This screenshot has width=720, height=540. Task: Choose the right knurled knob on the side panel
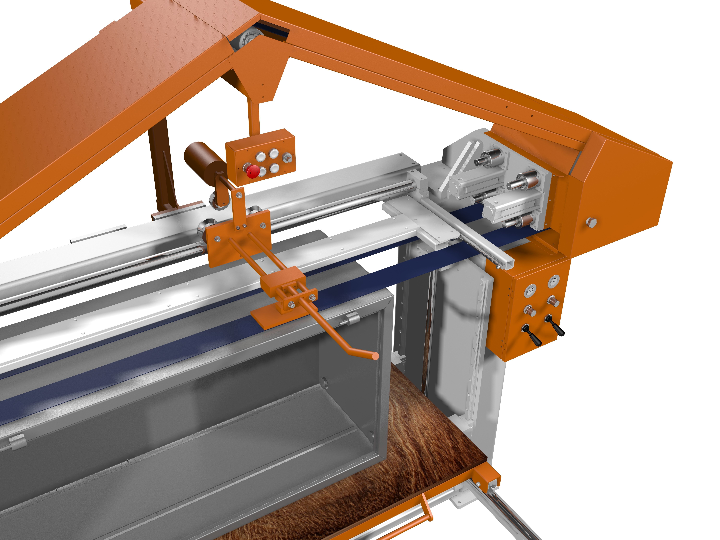pyautogui.click(x=553, y=301)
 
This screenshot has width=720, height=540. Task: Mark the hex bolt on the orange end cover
pyautogui.click(x=591, y=222)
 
